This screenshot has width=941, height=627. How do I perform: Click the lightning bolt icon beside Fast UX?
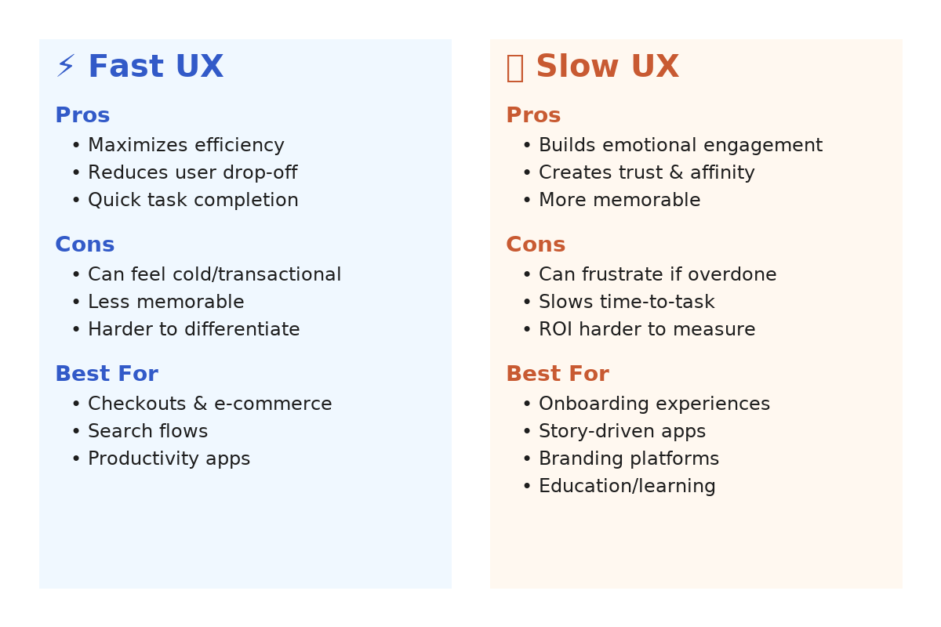pyautogui.click(x=66, y=66)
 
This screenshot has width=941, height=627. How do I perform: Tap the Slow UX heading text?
pyautogui.click(x=608, y=66)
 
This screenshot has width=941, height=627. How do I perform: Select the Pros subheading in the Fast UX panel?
pyautogui.click(x=82, y=115)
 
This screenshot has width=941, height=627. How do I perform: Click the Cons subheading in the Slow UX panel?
pyautogui.click(x=536, y=245)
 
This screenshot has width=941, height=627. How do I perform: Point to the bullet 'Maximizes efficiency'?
pyautogui.click(x=186, y=145)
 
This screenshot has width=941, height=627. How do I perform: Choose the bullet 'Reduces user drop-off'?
pyautogui.click(x=193, y=172)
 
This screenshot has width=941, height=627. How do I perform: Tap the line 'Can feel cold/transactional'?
pyautogui.click(x=214, y=274)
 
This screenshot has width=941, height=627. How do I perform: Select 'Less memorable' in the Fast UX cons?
pyautogui.click(x=166, y=302)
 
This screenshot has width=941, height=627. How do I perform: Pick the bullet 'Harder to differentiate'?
pyautogui.click(x=194, y=329)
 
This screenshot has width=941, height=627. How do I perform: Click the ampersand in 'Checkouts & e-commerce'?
pyautogui.click(x=200, y=404)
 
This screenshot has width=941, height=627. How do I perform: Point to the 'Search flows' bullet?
pyautogui.click(x=148, y=431)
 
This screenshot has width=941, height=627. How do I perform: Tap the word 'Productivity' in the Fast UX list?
pyautogui.click(x=144, y=459)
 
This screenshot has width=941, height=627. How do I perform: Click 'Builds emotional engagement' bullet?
pyautogui.click(x=681, y=145)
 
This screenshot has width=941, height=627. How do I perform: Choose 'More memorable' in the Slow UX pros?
pyautogui.click(x=619, y=200)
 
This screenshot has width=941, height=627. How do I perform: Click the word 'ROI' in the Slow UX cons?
pyautogui.click(x=555, y=329)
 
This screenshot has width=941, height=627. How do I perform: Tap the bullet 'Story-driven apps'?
pyautogui.click(x=622, y=432)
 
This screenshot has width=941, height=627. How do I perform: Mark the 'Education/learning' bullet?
pyautogui.click(x=627, y=486)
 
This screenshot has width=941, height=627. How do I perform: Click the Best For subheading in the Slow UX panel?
pyautogui.click(x=558, y=374)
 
